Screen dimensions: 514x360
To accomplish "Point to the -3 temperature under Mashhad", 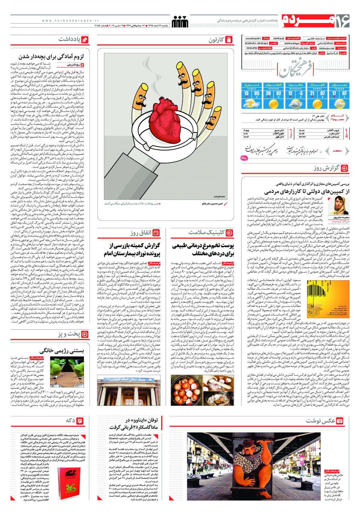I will click(x=300, y=94).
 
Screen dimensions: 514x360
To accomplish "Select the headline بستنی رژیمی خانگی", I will click(x=64, y=351).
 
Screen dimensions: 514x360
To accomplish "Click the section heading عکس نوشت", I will click(x=320, y=421).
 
